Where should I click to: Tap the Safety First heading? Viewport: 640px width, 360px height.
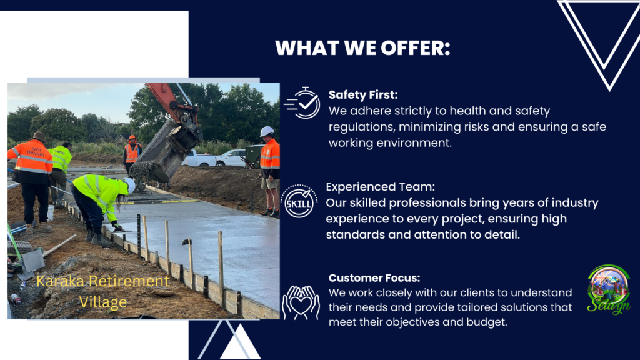(x=363, y=95)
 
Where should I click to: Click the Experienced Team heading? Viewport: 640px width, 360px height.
(x=381, y=187)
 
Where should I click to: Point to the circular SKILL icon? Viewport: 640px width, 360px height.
(x=299, y=201)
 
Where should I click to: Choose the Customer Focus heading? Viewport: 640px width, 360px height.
(x=374, y=278)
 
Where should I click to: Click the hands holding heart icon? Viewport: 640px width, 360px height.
(x=301, y=302)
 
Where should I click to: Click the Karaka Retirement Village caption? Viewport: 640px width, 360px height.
(x=102, y=291)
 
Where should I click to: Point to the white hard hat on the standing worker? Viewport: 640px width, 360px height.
(x=267, y=131)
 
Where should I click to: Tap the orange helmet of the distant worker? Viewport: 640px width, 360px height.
(x=132, y=138)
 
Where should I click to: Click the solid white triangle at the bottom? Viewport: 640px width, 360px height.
(x=241, y=344)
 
